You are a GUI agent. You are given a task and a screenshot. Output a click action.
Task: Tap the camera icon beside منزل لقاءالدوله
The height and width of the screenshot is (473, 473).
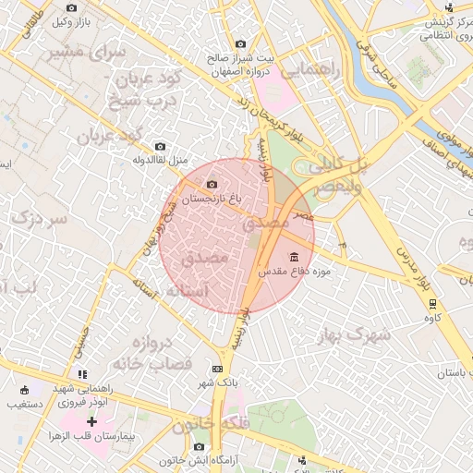(161, 146)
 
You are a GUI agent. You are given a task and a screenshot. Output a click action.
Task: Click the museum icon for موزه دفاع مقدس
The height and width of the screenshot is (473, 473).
(295, 256)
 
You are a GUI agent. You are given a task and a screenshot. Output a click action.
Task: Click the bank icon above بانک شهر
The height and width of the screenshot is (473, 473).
(217, 369)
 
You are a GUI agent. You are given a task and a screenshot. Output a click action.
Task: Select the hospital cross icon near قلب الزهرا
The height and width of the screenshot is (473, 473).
(91, 421)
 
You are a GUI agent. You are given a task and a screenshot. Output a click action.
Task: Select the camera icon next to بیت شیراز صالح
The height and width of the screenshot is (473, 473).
(241, 43)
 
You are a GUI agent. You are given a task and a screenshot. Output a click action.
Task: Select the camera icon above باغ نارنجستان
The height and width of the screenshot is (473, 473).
(213, 186)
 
